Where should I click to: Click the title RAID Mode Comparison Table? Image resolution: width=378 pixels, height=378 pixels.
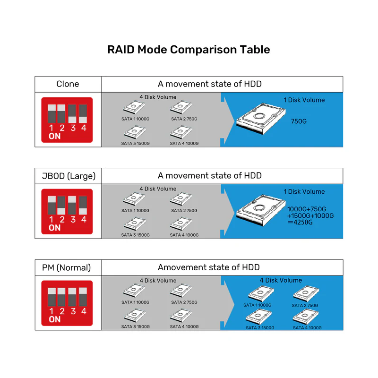pos(189,50)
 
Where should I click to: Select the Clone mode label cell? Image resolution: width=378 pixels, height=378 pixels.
pos(68,84)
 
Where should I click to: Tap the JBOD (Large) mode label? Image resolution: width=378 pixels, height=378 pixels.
pos(68,176)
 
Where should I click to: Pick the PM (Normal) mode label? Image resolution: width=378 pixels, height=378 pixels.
pos(68,267)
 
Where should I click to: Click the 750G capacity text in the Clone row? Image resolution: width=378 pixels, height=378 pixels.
pos(299,121)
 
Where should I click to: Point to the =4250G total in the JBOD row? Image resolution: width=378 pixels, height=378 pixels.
pos(301,223)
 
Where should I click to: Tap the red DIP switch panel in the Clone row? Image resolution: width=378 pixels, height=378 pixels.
pos(67,120)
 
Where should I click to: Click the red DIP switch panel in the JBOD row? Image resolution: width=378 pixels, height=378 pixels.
pos(67,212)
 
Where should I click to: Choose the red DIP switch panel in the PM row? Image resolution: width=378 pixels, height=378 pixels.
pos(67,303)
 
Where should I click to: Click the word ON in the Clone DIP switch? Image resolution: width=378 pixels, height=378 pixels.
pos(54,137)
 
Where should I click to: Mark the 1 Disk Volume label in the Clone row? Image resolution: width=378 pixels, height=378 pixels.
pos(304,100)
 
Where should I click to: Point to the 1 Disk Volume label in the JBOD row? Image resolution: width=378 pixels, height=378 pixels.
pos(304,192)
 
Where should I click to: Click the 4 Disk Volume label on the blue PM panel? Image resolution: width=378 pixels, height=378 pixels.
pos(281,280)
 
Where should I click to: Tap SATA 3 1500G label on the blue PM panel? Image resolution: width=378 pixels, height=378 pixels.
pos(260,328)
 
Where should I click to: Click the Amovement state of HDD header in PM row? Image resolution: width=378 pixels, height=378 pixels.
pos(209,267)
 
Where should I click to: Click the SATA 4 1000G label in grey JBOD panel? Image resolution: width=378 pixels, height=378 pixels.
pos(184,235)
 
